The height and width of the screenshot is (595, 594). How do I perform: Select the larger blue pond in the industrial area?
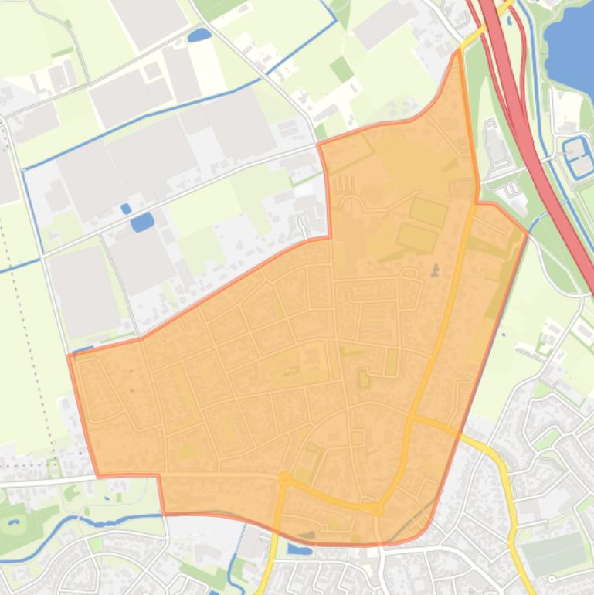[x=142, y=223]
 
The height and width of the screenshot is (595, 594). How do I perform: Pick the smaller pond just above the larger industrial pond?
[x=126, y=209]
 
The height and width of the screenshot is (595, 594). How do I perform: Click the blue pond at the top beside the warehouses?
[x=199, y=35]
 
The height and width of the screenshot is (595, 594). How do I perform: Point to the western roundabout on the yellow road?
[x=284, y=480]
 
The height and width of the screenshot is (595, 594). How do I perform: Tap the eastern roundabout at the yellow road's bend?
[x=377, y=509]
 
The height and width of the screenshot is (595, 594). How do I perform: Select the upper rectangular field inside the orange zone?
[x=428, y=211]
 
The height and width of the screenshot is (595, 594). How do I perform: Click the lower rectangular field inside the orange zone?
[x=417, y=238]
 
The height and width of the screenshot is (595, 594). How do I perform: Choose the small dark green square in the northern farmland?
[x=341, y=70]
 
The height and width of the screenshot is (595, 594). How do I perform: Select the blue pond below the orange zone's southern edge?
[x=298, y=549]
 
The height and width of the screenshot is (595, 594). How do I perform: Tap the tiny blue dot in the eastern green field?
[x=503, y=335]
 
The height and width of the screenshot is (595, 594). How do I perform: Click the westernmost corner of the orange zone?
[x=69, y=355]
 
